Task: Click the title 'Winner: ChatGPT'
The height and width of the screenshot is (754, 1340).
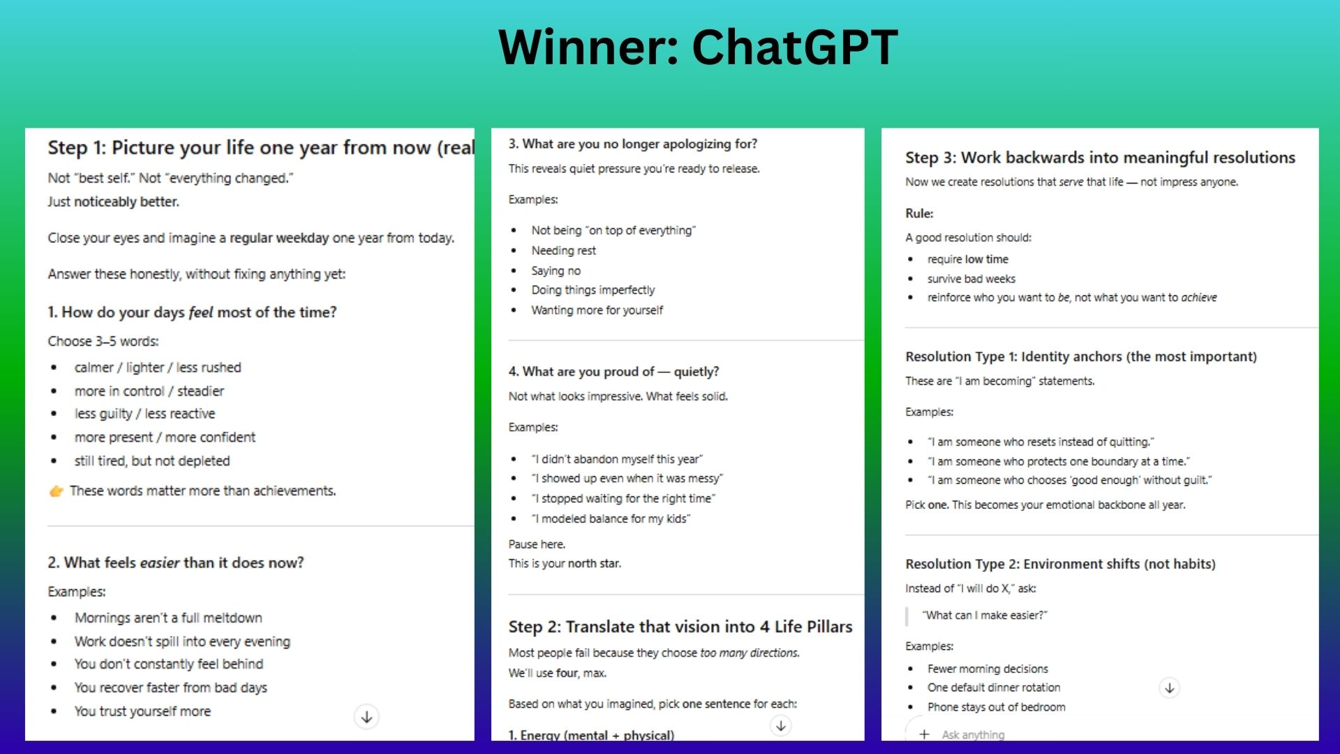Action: pos(698,47)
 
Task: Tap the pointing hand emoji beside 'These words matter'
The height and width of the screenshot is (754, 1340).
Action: pos(56,491)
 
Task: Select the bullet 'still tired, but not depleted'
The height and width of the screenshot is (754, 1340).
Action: pos(152,461)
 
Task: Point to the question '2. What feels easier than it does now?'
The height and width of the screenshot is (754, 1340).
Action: pos(176,563)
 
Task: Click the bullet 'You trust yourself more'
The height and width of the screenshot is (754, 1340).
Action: pos(142,711)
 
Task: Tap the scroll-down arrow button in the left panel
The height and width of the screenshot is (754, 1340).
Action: pos(366,717)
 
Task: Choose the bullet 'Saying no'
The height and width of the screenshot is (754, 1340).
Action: pos(556,271)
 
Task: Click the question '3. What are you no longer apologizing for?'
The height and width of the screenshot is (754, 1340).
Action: pos(632,144)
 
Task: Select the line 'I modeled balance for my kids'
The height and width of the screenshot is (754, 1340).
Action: pos(611,519)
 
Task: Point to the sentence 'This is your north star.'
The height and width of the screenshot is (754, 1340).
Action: pos(565,563)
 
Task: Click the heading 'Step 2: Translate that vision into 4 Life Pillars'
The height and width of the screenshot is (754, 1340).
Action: pos(680,627)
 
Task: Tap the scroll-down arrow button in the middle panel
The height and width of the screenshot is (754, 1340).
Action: pos(781,726)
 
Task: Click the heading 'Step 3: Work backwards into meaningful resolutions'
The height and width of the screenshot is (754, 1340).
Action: pos(1100,158)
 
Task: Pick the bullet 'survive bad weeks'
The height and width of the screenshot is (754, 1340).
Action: pos(971,279)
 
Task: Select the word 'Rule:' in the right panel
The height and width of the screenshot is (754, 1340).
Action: pos(919,214)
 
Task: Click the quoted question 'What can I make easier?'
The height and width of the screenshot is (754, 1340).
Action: pos(985,615)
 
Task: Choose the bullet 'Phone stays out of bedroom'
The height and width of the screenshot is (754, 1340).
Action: pos(997,707)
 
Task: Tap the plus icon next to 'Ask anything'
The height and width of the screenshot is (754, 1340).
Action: pos(924,734)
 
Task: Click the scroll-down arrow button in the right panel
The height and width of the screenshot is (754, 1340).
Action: pos(1170,688)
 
